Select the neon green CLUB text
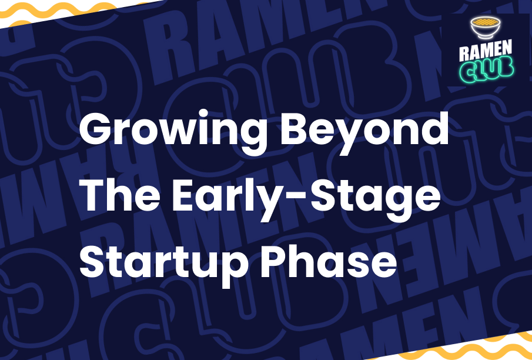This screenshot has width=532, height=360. (x=486, y=70)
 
